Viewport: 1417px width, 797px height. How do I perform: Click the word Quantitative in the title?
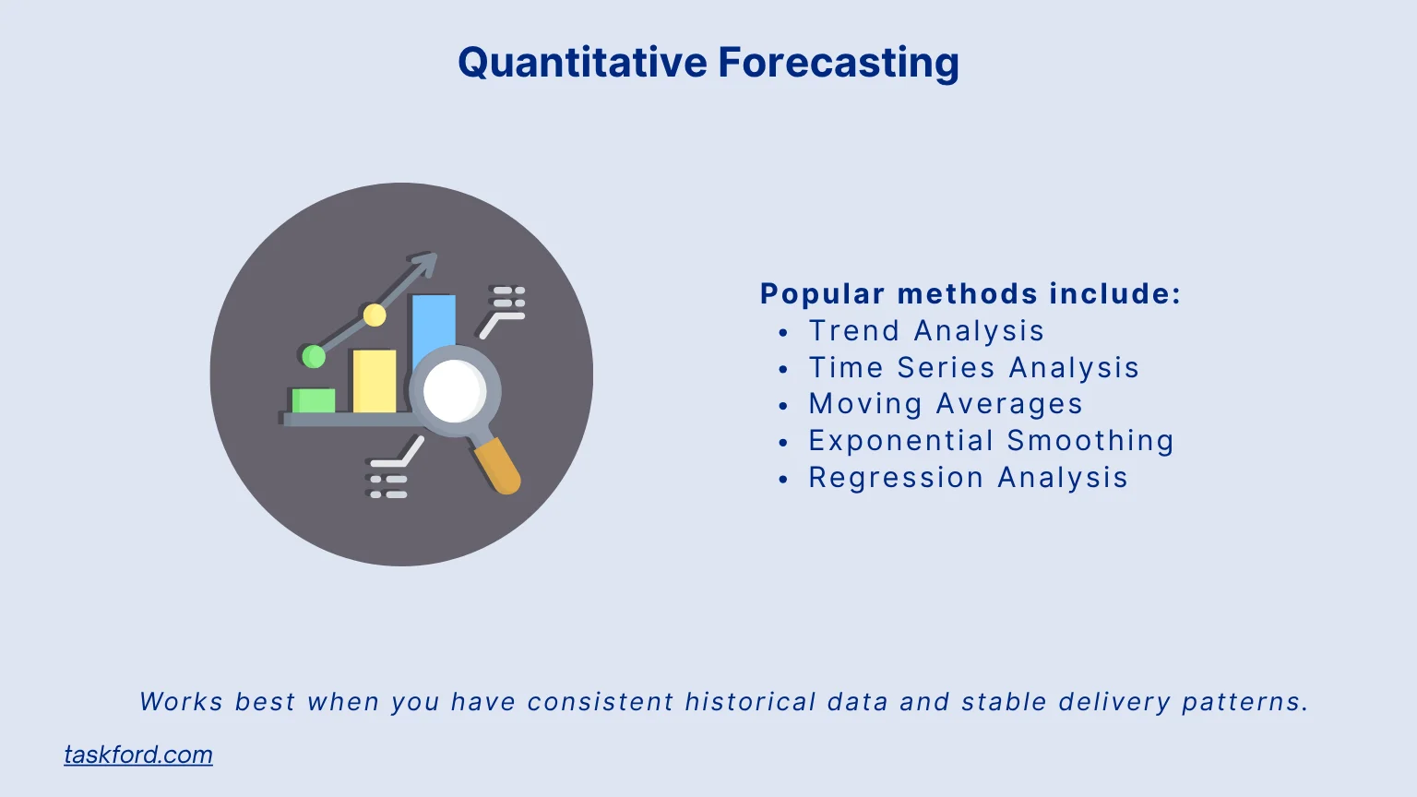[582, 63]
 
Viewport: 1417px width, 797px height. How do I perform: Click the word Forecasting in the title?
[838, 63]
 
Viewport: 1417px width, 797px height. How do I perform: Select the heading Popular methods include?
[970, 293]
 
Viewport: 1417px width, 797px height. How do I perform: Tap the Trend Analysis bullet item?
[926, 330]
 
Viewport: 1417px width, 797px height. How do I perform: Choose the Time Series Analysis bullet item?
[973, 367]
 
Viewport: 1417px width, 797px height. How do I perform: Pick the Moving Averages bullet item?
[946, 404]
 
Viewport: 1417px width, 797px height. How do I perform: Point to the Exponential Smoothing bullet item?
[991, 441]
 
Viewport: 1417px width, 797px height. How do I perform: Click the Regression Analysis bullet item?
[968, 478]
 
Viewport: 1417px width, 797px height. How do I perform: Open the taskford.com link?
[138, 755]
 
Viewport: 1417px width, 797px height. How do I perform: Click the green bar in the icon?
[314, 400]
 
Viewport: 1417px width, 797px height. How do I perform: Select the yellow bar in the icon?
[375, 381]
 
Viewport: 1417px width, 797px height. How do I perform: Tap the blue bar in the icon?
[434, 323]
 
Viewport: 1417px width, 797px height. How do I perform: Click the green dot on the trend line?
[314, 356]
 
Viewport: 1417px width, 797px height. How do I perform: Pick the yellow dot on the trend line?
[375, 315]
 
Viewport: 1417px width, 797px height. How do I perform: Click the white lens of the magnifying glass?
[454, 391]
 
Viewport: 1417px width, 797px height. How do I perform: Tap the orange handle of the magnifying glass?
[498, 466]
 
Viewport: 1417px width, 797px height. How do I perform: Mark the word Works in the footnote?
[181, 702]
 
